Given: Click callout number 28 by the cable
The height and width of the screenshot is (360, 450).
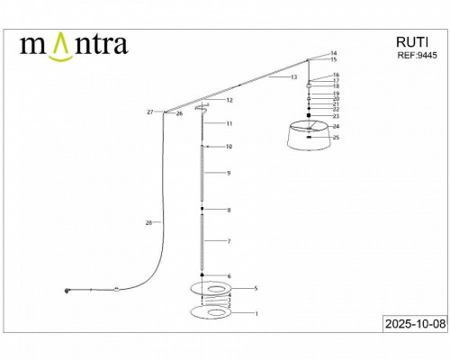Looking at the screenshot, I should pos(148,221).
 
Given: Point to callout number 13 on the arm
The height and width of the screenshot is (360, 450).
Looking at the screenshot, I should pos(293,78).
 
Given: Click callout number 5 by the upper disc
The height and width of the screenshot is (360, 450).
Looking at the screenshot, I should pos(256,288).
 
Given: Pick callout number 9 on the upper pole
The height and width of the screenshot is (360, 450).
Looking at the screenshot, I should pos(229,172).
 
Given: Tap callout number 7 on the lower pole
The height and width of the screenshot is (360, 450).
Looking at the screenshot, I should pos(229,242).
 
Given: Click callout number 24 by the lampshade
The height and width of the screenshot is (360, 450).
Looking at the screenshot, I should pos(336,127).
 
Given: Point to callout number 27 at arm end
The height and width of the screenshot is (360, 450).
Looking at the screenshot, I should pos(149,112).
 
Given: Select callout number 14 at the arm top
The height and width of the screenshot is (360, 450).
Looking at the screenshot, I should pos(333,53).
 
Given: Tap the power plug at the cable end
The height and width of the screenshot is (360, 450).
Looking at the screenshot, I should pos(67,289).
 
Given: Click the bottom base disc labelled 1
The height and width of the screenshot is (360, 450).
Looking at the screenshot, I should pos(213,312).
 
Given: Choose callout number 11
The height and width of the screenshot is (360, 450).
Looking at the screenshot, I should pos(229,123).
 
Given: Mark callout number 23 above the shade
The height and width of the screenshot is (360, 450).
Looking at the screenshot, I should pos(336,116).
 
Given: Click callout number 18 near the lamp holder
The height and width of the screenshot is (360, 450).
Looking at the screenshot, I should pos(336,85).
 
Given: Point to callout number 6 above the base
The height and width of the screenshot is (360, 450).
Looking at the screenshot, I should pos(229,276).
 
